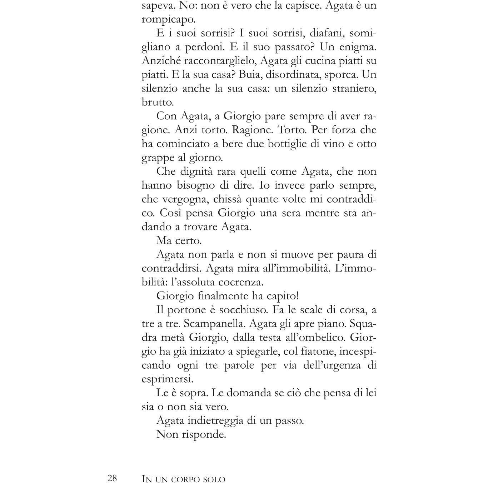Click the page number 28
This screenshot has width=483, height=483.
tap(112, 478)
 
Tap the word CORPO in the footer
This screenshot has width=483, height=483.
tap(188, 479)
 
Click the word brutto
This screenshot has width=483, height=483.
tap(158, 102)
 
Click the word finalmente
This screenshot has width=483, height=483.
tap(219, 296)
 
